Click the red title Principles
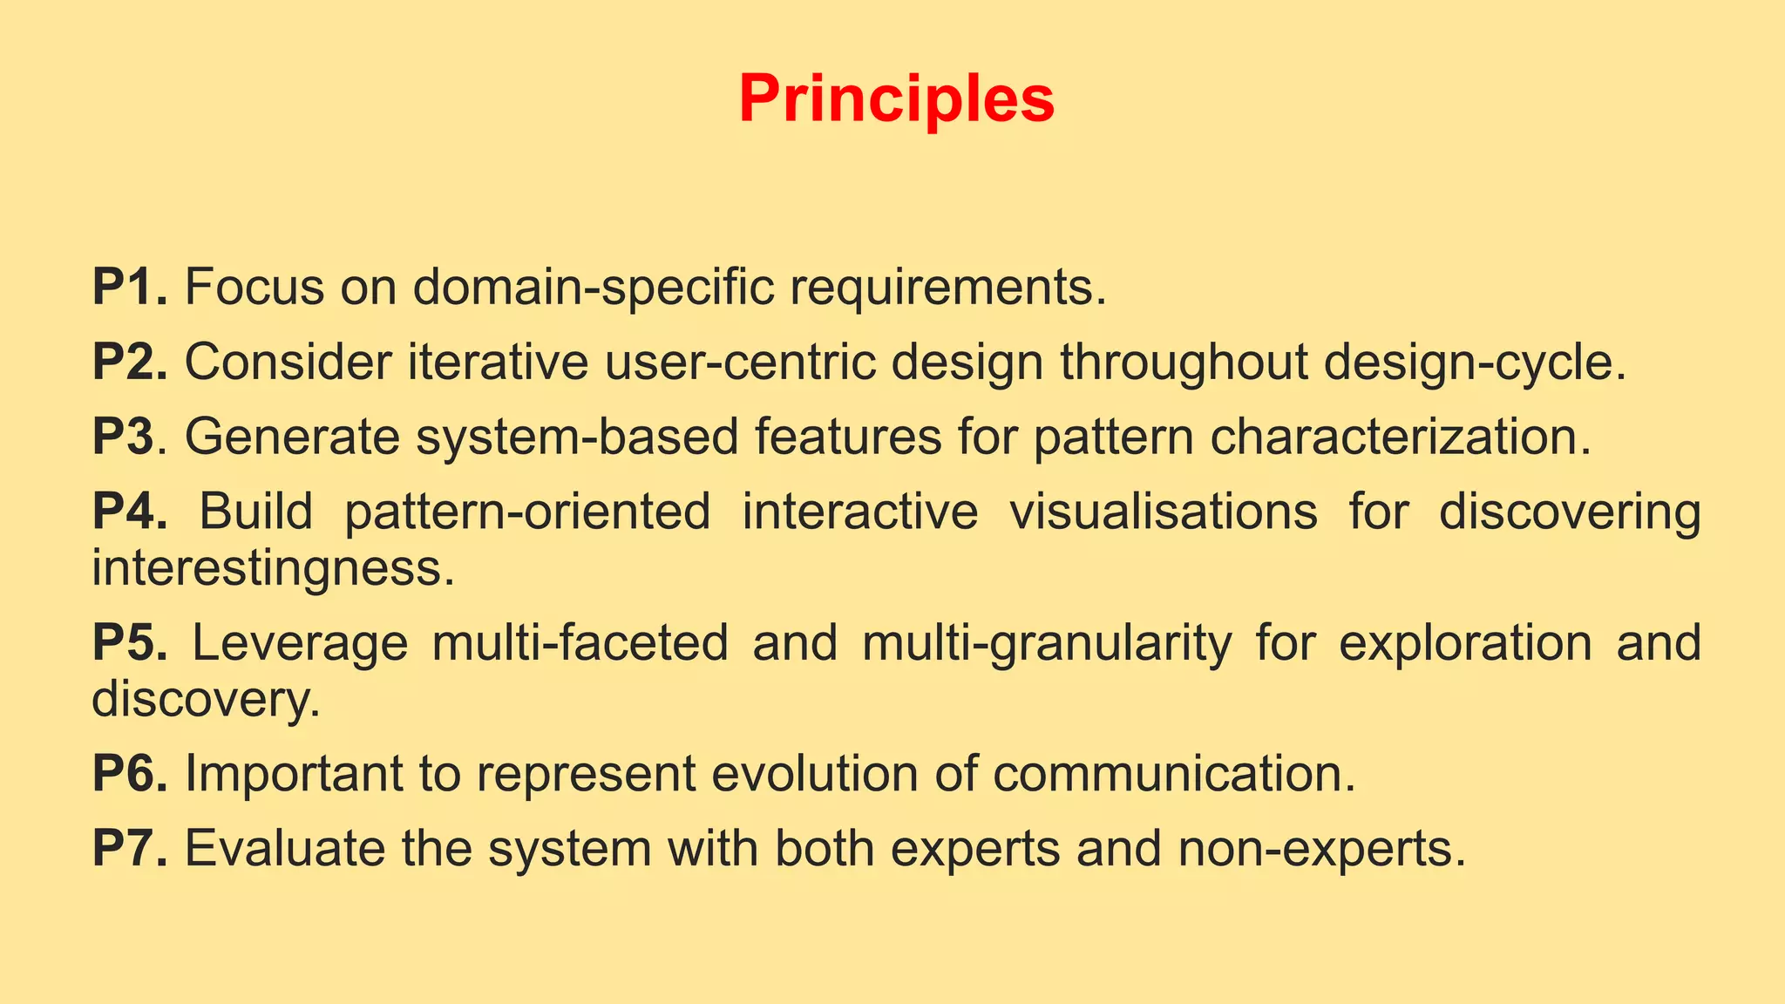pos(896,99)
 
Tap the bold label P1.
pos(129,287)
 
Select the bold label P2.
pos(129,362)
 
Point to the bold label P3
pos(124,437)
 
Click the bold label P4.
pos(129,512)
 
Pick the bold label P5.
pos(129,642)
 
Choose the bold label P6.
pos(129,773)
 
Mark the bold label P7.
pos(129,848)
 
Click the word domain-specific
pos(593,287)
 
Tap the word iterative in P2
pos(498,362)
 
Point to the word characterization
pos(1400,437)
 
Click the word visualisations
pos(1163,512)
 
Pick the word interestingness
pos(273,569)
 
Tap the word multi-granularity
pos(1047,644)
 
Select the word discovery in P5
pos(206,700)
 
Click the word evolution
pos(815,773)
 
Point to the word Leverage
pos(299,644)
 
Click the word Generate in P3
pos(292,437)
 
